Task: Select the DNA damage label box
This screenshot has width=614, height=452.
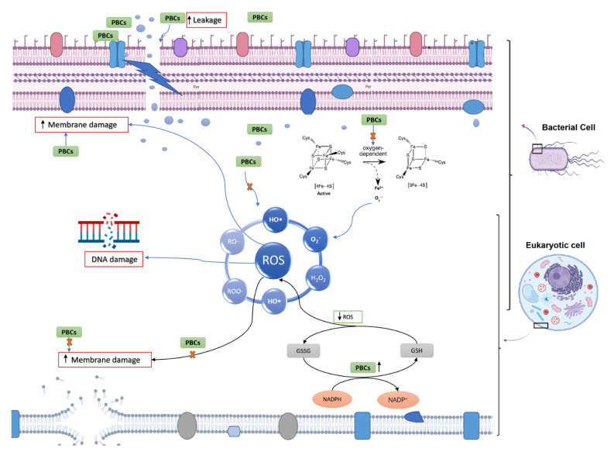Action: point(114,261)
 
